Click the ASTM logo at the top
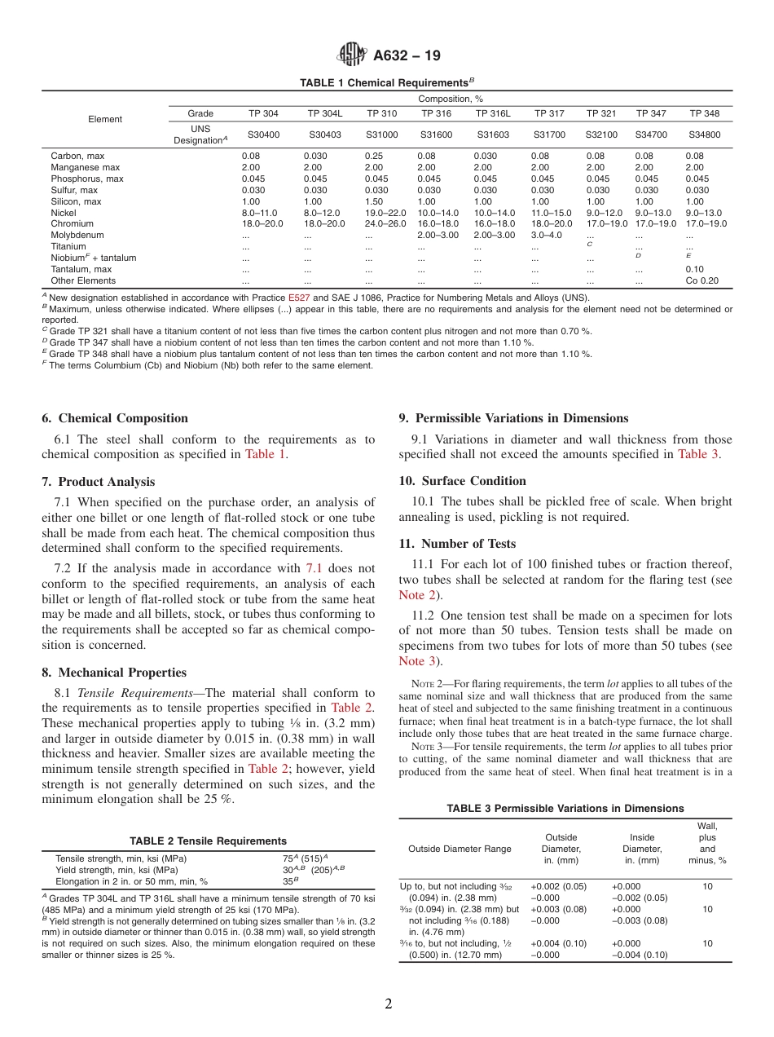click(354, 55)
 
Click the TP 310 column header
click(381, 113)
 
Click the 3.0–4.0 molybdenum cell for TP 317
click(546, 235)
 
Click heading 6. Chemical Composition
click(115, 418)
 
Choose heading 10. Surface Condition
click(463, 481)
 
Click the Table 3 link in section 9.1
click(698, 454)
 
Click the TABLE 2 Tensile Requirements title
click(208, 841)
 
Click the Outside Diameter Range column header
click(460, 849)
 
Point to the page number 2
click(388, 1004)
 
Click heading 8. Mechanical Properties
click(114, 673)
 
